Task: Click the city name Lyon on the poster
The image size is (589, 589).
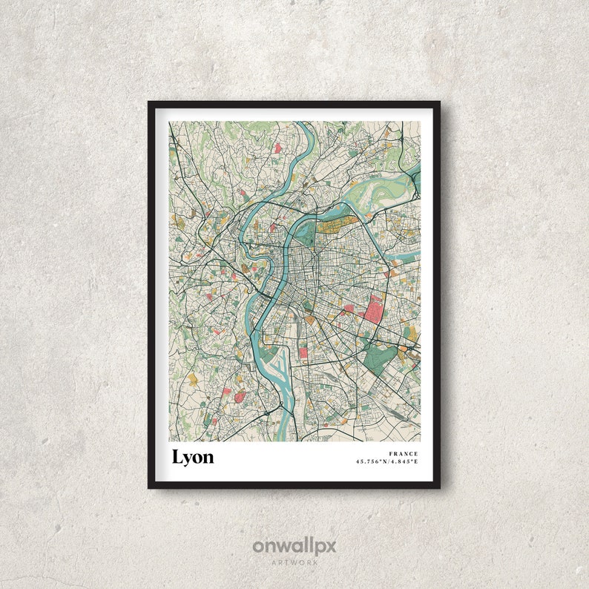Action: (x=193, y=457)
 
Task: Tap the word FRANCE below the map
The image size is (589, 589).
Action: (x=404, y=454)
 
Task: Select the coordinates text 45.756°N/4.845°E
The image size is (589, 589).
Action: (x=387, y=462)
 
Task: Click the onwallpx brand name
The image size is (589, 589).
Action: (x=294, y=547)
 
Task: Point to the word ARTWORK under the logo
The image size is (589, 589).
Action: (x=294, y=563)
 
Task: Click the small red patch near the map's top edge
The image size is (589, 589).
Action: (x=277, y=148)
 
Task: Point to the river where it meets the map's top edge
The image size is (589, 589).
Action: (x=303, y=125)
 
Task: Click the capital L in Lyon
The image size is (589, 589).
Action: (x=177, y=457)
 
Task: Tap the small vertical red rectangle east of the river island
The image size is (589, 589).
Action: (x=303, y=352)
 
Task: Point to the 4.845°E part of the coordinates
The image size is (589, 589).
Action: (x=405, y=462)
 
